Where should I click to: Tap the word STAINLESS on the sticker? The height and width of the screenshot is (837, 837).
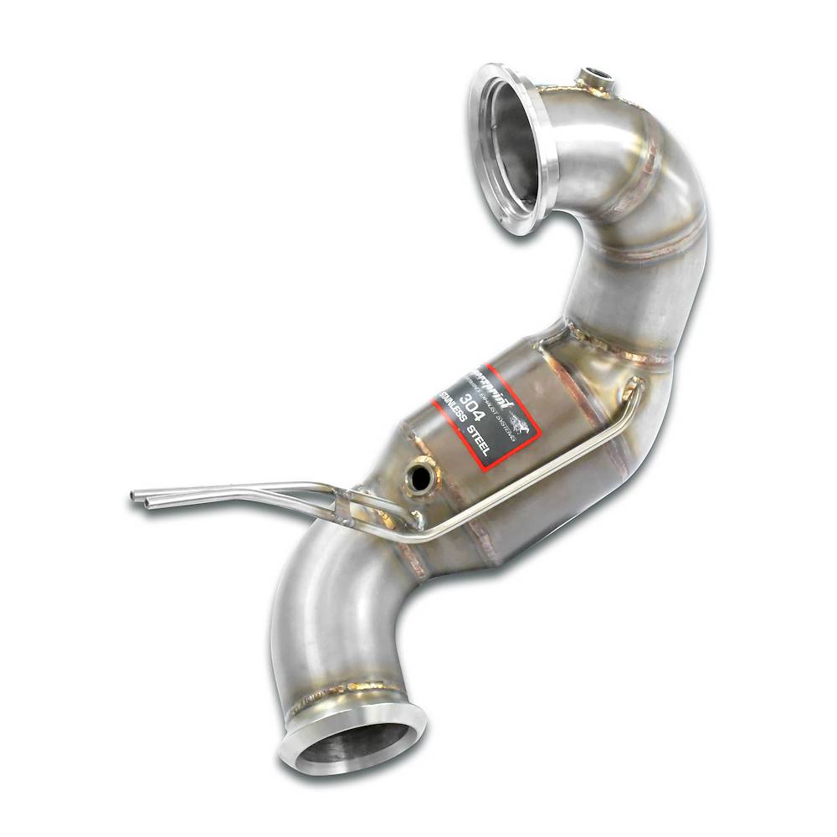point(454,420)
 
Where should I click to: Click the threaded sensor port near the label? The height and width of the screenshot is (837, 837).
point(421,478)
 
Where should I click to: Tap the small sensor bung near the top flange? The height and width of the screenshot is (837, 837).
point(593,77)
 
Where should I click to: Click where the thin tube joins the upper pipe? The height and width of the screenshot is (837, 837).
point(634,386)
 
